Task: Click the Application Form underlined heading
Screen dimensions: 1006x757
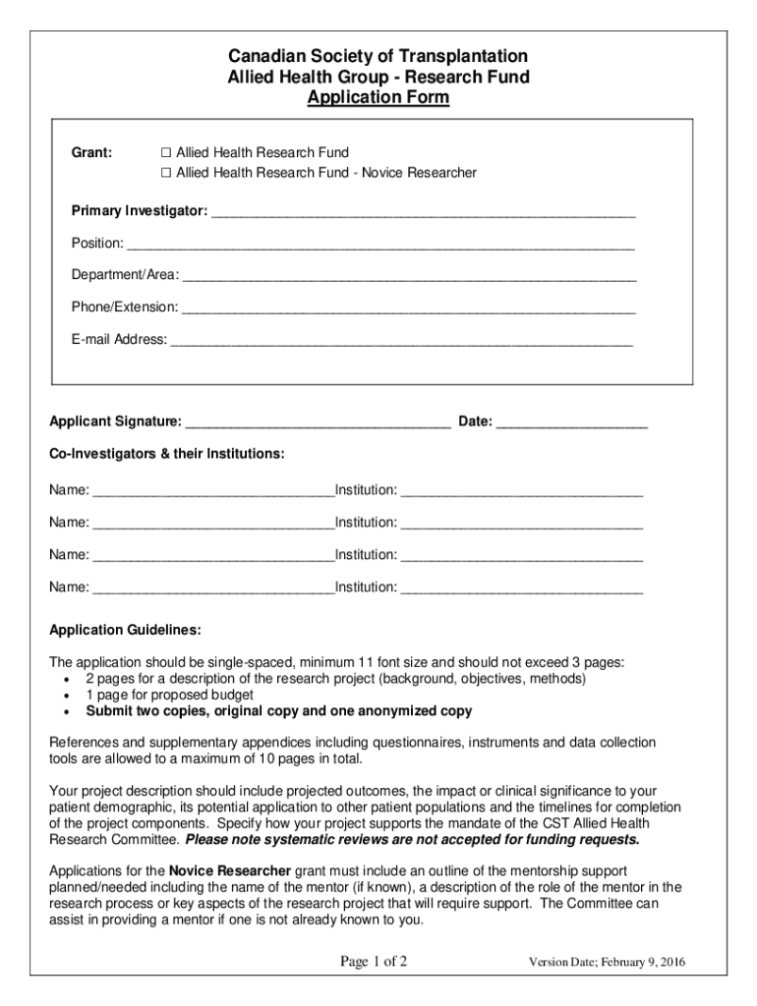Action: [378, 98]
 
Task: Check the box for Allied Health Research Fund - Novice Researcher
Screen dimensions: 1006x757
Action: [167, 173]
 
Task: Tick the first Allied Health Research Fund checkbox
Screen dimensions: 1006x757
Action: [167, 152]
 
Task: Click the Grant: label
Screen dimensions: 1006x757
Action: [91, 152]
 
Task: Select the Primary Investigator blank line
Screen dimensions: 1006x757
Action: [423, 213]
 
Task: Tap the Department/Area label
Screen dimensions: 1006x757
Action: [125, 275]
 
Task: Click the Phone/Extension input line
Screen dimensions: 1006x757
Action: [408, 309]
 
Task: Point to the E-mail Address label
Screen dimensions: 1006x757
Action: [119, 340]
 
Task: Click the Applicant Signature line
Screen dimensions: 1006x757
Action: [319, 424]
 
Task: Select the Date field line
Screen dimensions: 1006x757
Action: [572, 424]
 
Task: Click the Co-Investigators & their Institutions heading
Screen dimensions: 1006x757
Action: [167, 454]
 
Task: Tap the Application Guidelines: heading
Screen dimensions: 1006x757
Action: [126, 629]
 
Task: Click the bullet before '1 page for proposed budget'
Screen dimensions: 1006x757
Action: [66, 696]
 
